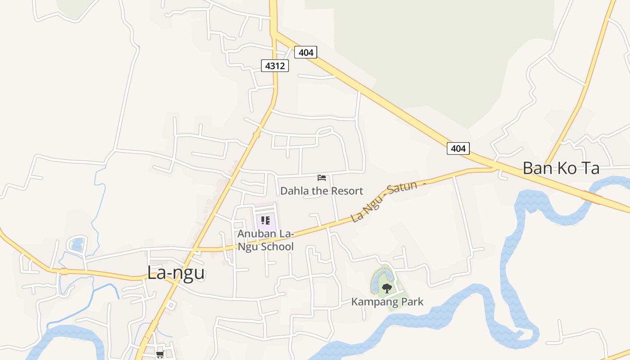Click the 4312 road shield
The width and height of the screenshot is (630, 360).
tap(275, 66)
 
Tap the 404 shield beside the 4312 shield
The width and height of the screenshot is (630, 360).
tap(306, 52)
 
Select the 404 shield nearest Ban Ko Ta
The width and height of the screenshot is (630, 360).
tap(458, 148)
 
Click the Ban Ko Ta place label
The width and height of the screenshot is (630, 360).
tap(561, 168)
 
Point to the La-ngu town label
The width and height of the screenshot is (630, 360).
tap(176, 273)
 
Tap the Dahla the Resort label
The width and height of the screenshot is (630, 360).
tap(321, 191)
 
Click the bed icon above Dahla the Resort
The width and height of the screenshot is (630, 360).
tap(322, 178)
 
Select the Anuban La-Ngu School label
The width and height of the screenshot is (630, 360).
tap(265, 240)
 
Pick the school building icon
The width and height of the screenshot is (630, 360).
tap(265, 220)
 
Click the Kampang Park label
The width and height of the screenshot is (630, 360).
tap(387, 301)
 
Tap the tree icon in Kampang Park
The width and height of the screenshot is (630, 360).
tap(387, 288)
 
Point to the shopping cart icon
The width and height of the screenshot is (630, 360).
tap(160, 355)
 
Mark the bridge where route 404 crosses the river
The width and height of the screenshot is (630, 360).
tap(591, 197)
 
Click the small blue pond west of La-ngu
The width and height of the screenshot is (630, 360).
tap(77, 244)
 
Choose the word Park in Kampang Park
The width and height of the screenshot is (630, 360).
tap(412, 301)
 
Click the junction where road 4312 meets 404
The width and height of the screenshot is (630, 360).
tap(274, 32)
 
